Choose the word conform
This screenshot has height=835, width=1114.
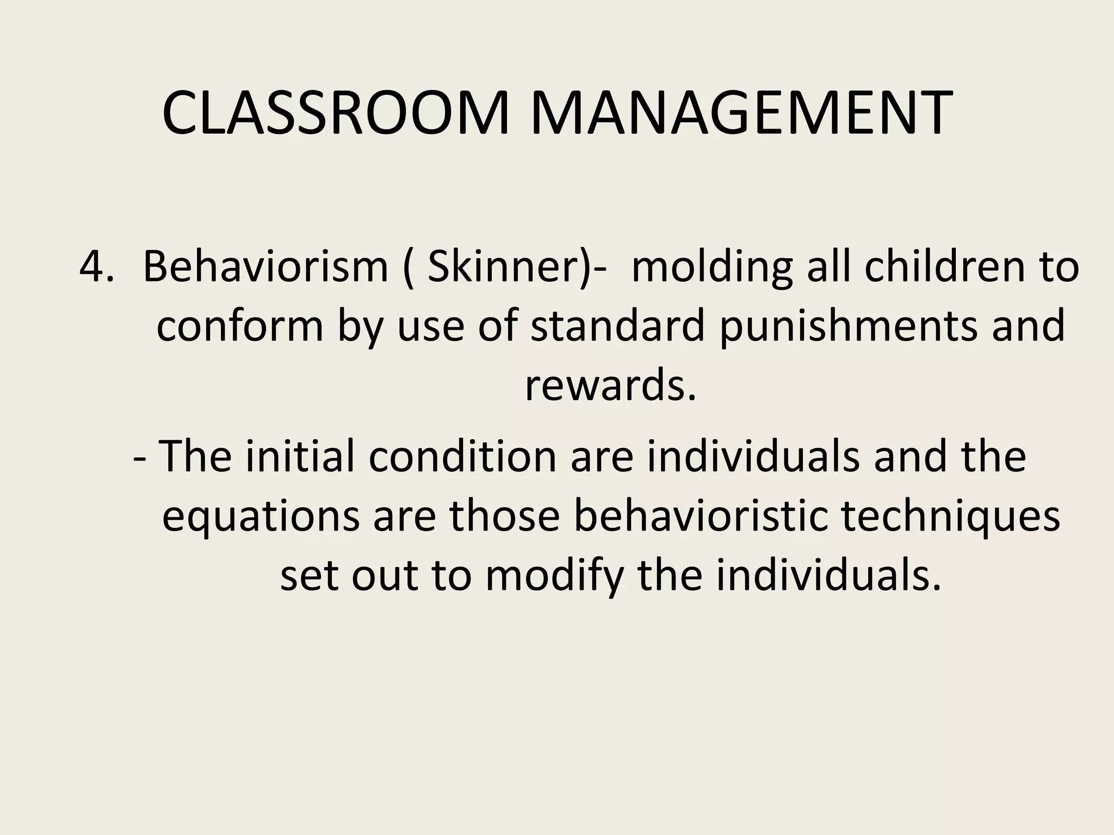coord(240,326)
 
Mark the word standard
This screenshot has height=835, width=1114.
coord(617,326)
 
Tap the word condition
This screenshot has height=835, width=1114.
coord(462,456)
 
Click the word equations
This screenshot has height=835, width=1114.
coord(261,516)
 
